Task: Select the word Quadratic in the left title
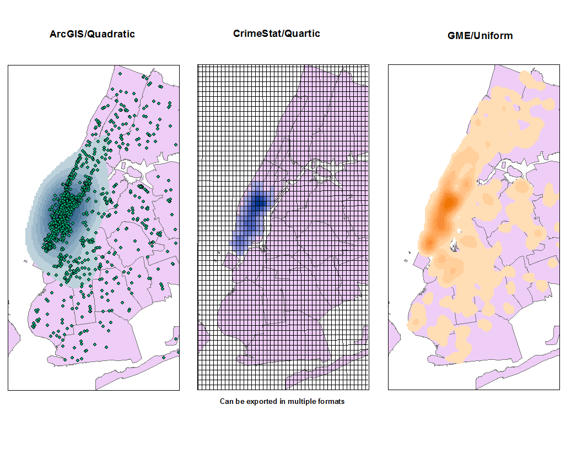point(112,34)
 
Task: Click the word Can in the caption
point(227,402)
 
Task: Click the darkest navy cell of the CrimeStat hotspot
point(258,203)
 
